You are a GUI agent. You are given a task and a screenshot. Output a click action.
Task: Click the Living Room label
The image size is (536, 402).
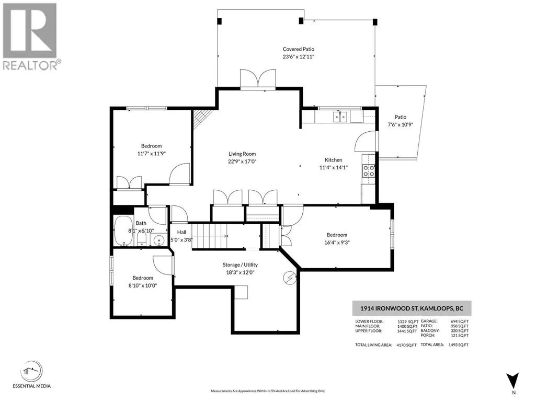coord(242,154)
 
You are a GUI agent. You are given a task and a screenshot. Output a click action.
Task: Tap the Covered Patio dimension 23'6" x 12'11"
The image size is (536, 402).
coord(299,57)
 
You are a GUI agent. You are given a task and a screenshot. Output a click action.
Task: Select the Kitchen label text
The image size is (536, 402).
coord(333,159)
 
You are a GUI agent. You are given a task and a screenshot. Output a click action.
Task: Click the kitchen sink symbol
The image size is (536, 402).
coord(340,117)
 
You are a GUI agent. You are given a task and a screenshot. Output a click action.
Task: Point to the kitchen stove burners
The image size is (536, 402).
coord(369,170)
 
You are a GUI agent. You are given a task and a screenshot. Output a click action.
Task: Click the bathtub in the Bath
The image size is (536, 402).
coord(123,231)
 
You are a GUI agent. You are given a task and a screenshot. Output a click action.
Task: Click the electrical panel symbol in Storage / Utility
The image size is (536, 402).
coord(290,278)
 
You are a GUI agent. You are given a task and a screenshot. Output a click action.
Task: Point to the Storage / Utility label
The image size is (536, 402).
coord(240,265)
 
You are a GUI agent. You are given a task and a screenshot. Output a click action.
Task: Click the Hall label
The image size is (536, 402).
coord(181,232)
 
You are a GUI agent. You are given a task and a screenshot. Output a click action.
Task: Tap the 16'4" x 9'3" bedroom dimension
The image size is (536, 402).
coord(337,243)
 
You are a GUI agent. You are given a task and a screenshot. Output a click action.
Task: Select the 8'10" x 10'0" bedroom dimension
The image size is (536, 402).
coord(143,285)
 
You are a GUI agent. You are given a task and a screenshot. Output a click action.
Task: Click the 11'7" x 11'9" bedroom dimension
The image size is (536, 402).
coord(152,154)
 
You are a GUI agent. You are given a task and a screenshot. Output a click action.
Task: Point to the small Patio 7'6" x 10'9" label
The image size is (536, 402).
coord(401,121)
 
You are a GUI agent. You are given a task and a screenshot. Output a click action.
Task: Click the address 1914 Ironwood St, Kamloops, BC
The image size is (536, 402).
coord(412,308)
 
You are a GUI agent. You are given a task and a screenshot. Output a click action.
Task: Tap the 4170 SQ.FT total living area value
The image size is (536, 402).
coord(406,345)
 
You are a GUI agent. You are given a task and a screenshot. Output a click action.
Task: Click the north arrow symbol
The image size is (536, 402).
coord(513,381)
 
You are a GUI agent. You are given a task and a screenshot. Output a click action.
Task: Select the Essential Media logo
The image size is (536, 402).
coord(31,374)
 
